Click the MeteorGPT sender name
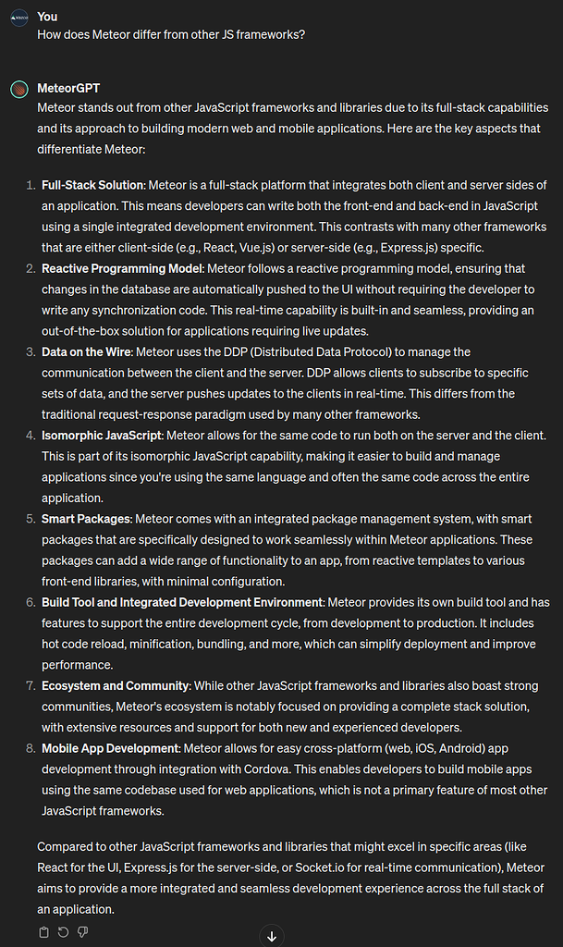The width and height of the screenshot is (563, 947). point(68,89)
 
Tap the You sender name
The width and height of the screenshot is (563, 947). point(47,16)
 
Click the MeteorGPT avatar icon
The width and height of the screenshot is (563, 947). point(18,90)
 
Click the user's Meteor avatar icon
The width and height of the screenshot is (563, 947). point(18,17)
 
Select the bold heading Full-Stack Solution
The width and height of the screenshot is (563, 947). point(92,185)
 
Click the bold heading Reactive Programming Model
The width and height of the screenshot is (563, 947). point(121,268)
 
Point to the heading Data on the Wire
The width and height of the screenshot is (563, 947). point(88,351)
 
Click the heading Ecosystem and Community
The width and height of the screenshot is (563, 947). point(116,685)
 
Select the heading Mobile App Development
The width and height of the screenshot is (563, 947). point(110,748)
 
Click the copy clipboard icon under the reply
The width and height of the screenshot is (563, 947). point(43,931)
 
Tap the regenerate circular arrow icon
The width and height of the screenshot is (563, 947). point(63,931)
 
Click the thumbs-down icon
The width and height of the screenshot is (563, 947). point(82,931)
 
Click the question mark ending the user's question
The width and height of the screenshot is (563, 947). point(302,34)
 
